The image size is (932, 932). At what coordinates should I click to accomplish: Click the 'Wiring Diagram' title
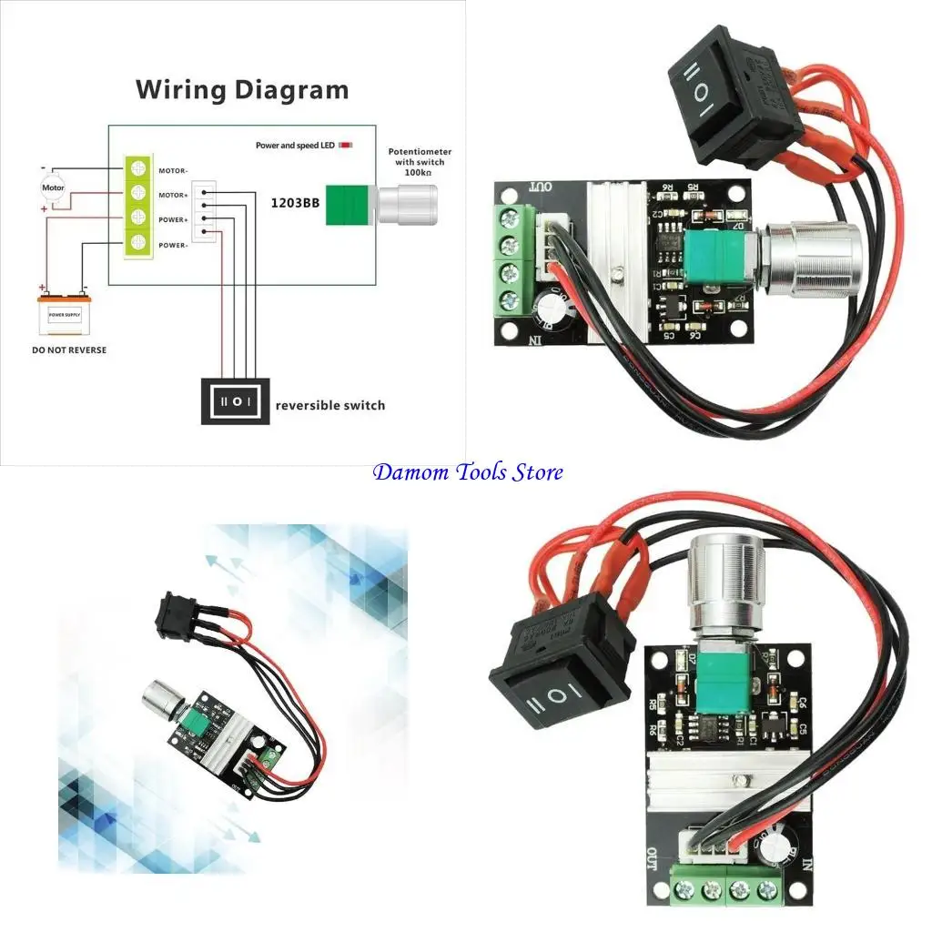242,90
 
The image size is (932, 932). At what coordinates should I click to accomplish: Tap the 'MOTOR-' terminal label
173,170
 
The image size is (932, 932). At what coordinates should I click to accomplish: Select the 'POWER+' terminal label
173,219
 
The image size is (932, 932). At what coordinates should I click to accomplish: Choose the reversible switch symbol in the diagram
236,400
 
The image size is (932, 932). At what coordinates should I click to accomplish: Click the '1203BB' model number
293,203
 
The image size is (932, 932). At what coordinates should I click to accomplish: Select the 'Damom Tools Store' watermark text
468,471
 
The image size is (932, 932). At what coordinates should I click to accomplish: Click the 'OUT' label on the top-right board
541,187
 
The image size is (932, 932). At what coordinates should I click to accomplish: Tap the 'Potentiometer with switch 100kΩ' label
420,161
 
